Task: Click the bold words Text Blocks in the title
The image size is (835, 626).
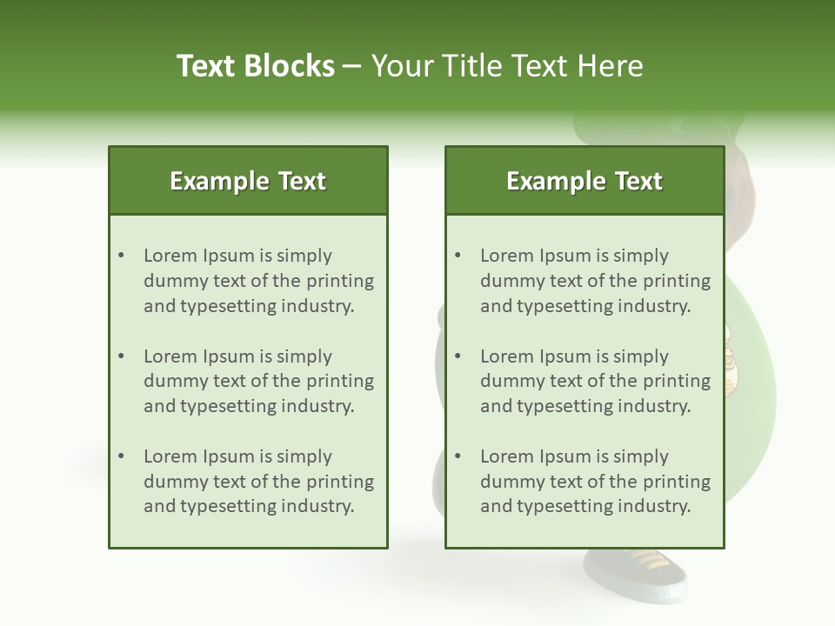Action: [255, 66]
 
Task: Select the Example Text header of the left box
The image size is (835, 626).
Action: [248, 181]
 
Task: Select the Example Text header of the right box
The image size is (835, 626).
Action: [584, 181]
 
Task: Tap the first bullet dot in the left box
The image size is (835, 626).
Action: [121, 256]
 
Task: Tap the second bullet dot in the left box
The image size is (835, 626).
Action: [121, 356]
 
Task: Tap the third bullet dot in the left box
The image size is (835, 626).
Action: [121, 456]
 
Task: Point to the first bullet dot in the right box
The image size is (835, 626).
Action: [458, 256]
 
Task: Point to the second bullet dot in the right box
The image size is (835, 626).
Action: [458, 356]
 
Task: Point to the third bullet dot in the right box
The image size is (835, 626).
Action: [458, 456]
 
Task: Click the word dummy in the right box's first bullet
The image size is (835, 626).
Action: [509, 281]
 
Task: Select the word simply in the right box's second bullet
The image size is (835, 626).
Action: [641, 356]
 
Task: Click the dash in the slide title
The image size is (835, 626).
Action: [352, 66]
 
